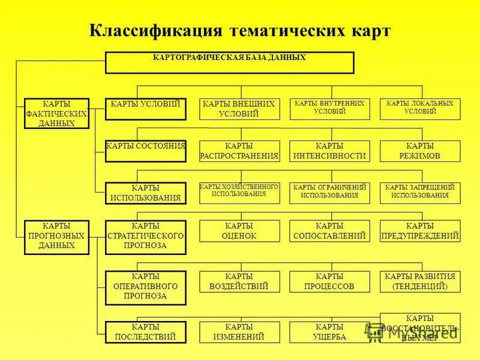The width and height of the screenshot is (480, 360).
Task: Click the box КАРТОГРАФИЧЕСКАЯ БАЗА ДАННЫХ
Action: coord(229,62)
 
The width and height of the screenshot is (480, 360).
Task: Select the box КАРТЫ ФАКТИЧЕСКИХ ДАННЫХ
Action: coord(56,113)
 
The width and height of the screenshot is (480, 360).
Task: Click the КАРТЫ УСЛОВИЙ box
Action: coord(146,109)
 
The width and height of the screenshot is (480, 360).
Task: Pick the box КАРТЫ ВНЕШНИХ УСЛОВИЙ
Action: coord(239,109)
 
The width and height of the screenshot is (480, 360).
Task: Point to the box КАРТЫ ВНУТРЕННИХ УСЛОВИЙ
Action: coord(329,109)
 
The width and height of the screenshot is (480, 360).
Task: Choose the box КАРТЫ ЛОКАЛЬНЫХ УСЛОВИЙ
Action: coord(420,109)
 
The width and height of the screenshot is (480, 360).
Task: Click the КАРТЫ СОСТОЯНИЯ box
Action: coord(146,151)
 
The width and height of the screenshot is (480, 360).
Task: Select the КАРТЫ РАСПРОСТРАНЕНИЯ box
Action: coord(239,151)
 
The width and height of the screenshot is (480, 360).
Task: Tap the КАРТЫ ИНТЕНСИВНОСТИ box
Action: coord(329,151)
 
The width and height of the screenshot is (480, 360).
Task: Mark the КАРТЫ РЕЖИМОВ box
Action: coord(420,151)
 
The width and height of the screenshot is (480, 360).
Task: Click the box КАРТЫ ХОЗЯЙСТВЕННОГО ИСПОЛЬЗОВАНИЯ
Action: coord(239,193)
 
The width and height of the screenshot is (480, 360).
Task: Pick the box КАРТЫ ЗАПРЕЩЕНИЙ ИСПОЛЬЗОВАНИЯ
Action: coord(420,193)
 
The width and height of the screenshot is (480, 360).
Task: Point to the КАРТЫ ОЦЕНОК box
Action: coord(239,231)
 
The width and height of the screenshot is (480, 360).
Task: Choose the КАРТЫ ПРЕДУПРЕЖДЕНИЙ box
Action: coord(420,231)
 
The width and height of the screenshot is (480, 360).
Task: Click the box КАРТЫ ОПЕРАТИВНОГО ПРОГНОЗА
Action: coord(146,286)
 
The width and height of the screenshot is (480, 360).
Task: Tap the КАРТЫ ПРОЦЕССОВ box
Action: coord(329,281)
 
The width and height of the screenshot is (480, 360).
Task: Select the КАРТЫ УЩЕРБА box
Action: coord(329,332)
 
